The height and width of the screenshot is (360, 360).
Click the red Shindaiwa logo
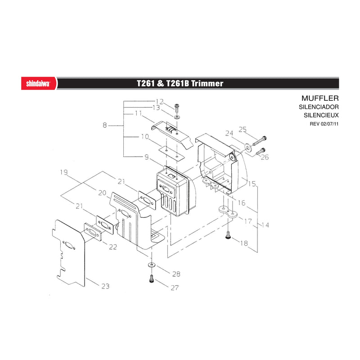pyautogui.click(x=39, y=83)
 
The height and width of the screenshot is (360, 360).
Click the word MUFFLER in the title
pyautogui.click(x=320, y=98)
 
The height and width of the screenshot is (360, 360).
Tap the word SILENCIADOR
pyautogui.click(x=319, y=107)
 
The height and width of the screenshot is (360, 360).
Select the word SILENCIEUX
pyautogui.click(x=321, y=115)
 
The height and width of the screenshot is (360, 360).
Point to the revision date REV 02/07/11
pyautogui.click(x=324, y=124)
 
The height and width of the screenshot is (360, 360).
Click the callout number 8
pyautogui.click(x=105, y=126)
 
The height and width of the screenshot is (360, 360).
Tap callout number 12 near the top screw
pyautogui.click(x=160, y=102)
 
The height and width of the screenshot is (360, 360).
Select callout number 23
pyautogui.click(x=105, y=286)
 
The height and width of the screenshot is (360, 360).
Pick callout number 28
pyautogui.click(x=176, y=274)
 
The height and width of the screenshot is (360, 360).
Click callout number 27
pyautogui.click(x=175, y=288)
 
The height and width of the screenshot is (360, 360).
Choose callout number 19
pyautogui.click(x=64, y=172)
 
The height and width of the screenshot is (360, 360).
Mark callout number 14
pyautogui.click(x=265, y=225)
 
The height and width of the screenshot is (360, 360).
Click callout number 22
pyautogui.click(x=113, y=247)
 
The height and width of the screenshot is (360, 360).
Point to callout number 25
pyautogui.click(x=243, y=130)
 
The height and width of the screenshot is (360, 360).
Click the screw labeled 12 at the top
pyautogui.click(x=177, y=108)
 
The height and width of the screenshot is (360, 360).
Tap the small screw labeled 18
pyautogui.click(x=228, y=235)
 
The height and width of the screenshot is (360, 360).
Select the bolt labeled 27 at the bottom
pyautogui.click(x=152, y=279)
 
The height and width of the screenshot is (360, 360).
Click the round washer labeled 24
pyautogui.click(x=248, y=147)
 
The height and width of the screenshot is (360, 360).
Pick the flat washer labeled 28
pyautogui.click(x=151, y=265)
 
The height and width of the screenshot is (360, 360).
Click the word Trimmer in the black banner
pyautogui.click(x=207, y=83)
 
